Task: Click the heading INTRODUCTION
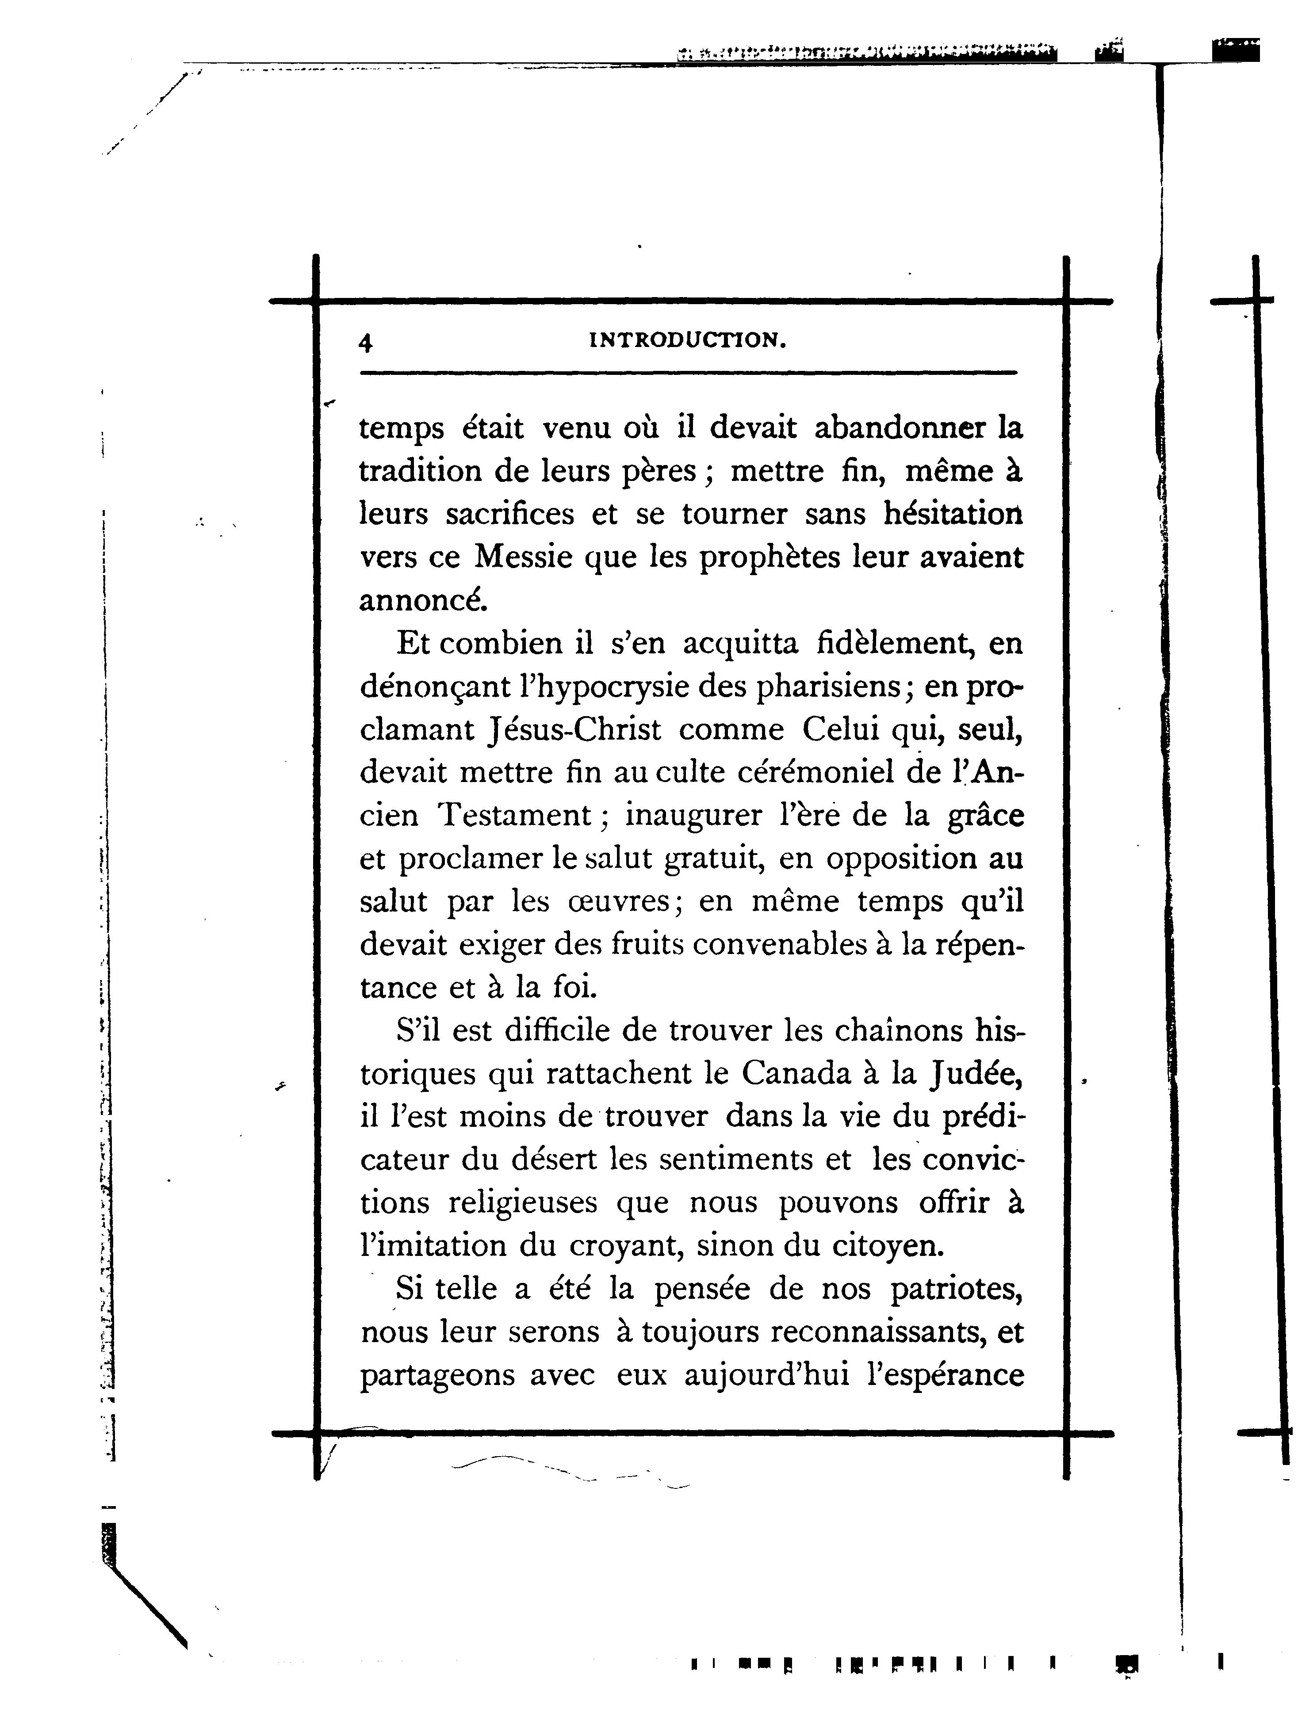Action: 688,340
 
